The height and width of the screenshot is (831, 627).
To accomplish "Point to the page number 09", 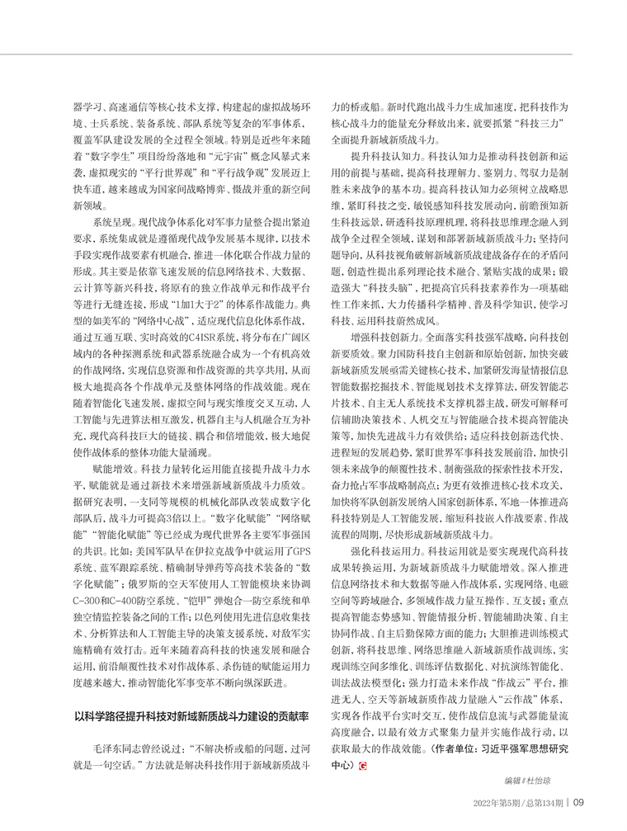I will tap(578, 801).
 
